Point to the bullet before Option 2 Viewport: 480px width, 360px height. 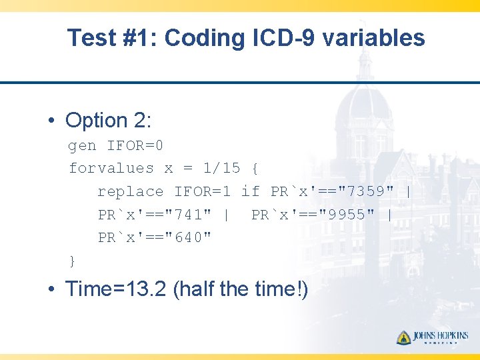tap(51, 121)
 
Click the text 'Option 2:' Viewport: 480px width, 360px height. tap(109, 121)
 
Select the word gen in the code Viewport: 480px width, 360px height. tap(83, 145)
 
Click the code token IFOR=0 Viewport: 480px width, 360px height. tap(135, 145)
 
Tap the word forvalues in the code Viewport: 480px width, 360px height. tap(111, 169)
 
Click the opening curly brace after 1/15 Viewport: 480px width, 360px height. tap(255, 169)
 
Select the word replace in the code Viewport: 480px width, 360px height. tap(131, 192)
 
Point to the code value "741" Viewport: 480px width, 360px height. tap(188, 215)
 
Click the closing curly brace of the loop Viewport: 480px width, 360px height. tap(73, 260)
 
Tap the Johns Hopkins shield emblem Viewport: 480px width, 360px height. tap(404, 337)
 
